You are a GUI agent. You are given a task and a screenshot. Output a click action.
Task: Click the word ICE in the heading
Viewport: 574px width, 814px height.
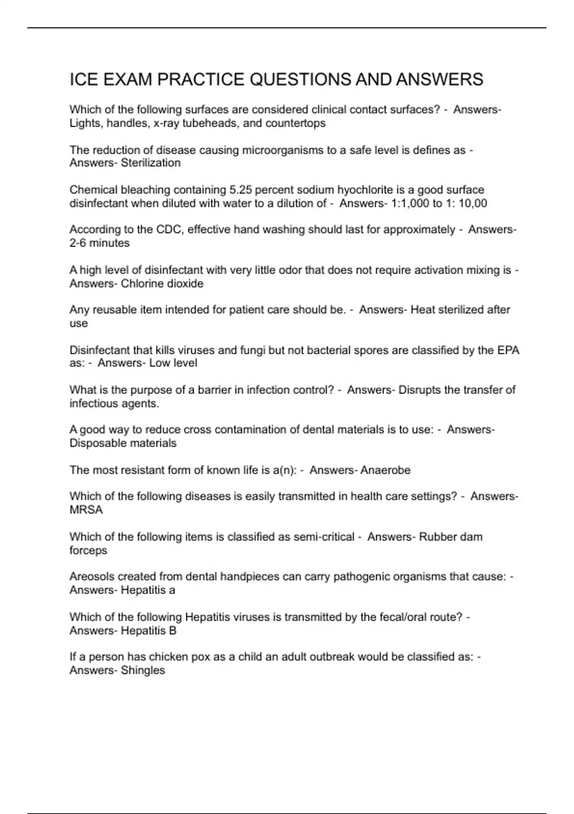click(84, 79)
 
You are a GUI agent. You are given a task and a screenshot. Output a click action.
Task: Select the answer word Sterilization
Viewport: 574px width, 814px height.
click(151, 163)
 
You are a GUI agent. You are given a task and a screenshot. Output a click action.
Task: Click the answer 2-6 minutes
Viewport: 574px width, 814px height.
click(99, 243)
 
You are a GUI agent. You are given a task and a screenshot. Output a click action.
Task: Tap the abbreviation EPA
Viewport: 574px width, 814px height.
click(508, 350)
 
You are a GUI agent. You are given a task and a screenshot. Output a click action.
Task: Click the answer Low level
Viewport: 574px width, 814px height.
click(173, 363)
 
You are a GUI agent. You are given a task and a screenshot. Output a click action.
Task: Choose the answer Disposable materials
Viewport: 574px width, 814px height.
click(123, 443)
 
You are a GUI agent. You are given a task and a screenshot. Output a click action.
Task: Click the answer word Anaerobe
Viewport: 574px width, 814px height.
click(386, 470)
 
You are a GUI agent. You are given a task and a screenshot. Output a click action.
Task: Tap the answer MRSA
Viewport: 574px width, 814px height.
click(86, 510)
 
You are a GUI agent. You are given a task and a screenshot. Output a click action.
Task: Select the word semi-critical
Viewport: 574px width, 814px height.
click(324, 537)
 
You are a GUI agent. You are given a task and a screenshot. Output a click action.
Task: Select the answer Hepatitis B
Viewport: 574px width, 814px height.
click(149, 631)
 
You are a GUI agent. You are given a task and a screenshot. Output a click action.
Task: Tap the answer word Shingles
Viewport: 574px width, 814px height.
click(143, 670)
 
